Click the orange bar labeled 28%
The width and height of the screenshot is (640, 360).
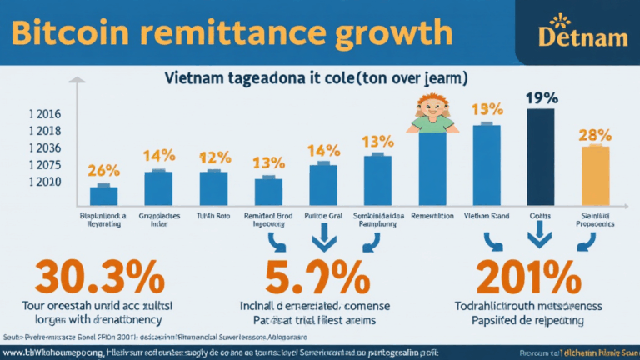click(595, 175)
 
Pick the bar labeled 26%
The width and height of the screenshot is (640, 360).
click(103, 195)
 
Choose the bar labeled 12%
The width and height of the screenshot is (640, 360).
click(213, 187)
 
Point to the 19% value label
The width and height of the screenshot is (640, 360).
click(541, 97)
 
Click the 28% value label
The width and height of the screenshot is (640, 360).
click(596, 134)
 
